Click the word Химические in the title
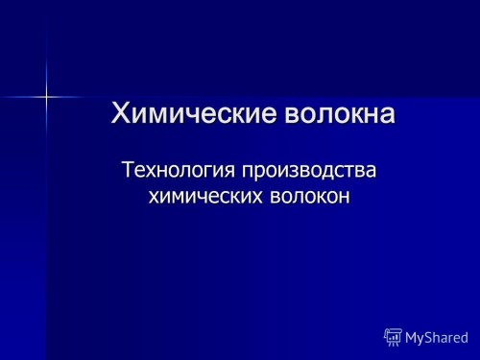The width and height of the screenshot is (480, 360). click(194, 114)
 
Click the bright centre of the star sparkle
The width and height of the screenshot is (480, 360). click(46, 94)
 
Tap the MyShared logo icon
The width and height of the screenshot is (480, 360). click(393, 337)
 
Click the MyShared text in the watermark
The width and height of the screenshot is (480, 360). click(437, 338)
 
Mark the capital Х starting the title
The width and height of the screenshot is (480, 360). click(122, 114)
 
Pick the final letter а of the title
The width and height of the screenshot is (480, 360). click(386, 115)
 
